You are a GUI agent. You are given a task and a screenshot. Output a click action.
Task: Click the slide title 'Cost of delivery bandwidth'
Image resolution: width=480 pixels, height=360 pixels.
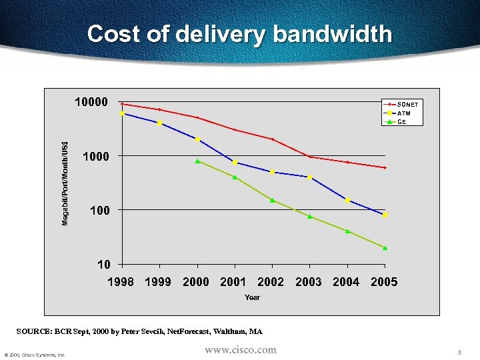239,34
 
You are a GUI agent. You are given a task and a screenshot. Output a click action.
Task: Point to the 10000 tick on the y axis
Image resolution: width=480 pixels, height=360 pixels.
91,102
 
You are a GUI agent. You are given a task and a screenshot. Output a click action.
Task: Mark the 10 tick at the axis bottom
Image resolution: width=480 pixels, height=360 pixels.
103,264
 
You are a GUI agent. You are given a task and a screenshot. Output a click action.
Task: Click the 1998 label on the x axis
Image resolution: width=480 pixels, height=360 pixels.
121,282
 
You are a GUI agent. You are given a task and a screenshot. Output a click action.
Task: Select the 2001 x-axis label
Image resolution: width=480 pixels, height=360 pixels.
233,282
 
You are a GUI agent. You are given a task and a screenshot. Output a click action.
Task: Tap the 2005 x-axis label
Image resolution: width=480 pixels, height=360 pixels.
384,282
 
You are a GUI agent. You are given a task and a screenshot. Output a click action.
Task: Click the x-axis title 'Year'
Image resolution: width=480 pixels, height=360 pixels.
252,297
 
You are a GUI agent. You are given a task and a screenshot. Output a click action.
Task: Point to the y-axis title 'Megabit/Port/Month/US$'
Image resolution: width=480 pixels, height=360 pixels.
65,183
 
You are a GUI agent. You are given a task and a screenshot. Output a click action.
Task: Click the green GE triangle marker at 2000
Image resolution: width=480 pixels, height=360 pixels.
198,161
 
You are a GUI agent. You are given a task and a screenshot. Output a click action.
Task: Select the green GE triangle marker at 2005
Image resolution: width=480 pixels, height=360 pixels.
385,248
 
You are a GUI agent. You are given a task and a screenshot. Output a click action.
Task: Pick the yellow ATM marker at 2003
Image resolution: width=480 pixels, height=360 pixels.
310,177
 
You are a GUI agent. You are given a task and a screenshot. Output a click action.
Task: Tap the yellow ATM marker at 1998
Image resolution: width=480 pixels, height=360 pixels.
123,113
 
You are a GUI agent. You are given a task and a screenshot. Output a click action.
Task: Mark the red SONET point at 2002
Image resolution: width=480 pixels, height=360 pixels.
272,139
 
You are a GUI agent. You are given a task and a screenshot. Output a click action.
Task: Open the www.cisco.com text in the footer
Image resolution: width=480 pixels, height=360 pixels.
240,350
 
